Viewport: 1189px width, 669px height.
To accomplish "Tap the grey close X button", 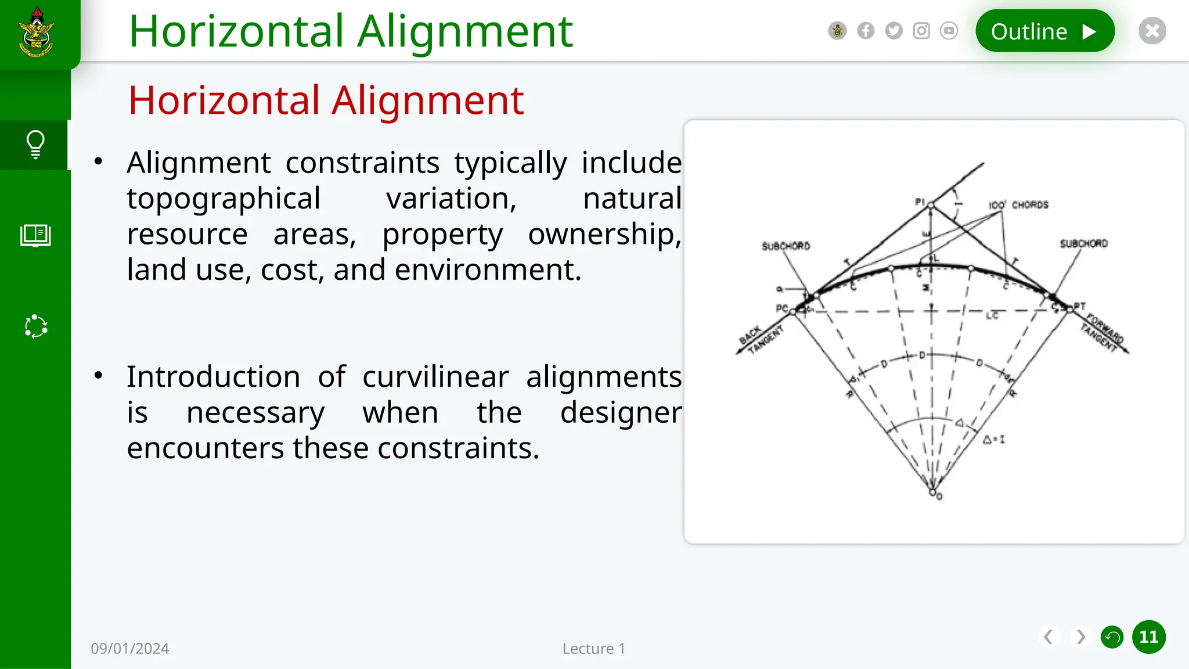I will click(x=1152, y=31).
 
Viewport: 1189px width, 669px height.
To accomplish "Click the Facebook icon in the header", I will click(x=866, y=31).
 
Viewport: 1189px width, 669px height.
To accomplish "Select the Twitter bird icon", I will click(x=893, y=31).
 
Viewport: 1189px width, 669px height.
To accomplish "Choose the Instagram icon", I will click(x=921, y=31).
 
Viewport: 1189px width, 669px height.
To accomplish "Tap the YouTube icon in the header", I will click(x=949, y=31).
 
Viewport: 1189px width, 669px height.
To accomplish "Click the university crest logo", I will click(x=37, y=33).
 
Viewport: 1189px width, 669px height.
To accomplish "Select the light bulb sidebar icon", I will click(x=35, y=145).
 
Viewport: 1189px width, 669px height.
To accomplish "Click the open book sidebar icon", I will click(x=35, y=235).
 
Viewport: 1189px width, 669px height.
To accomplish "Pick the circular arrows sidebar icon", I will click(x=36, y=326).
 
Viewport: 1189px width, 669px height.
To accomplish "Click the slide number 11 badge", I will click(x=1148, y=637).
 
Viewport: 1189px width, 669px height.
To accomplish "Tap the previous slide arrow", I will click(x=1049, y=637).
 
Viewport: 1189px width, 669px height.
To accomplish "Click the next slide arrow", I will click(x=1080, y=637).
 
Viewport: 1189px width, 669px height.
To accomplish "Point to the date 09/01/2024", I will click(x=129, y=649).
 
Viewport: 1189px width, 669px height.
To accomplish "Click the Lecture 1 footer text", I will click(x=593, y=649).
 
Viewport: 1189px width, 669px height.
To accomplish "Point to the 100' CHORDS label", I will click(x=1018, y=205).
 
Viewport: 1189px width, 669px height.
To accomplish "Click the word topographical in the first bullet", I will click(x=224, y=199).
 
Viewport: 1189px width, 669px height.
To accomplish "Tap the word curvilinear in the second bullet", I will click(x=435, y=377).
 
